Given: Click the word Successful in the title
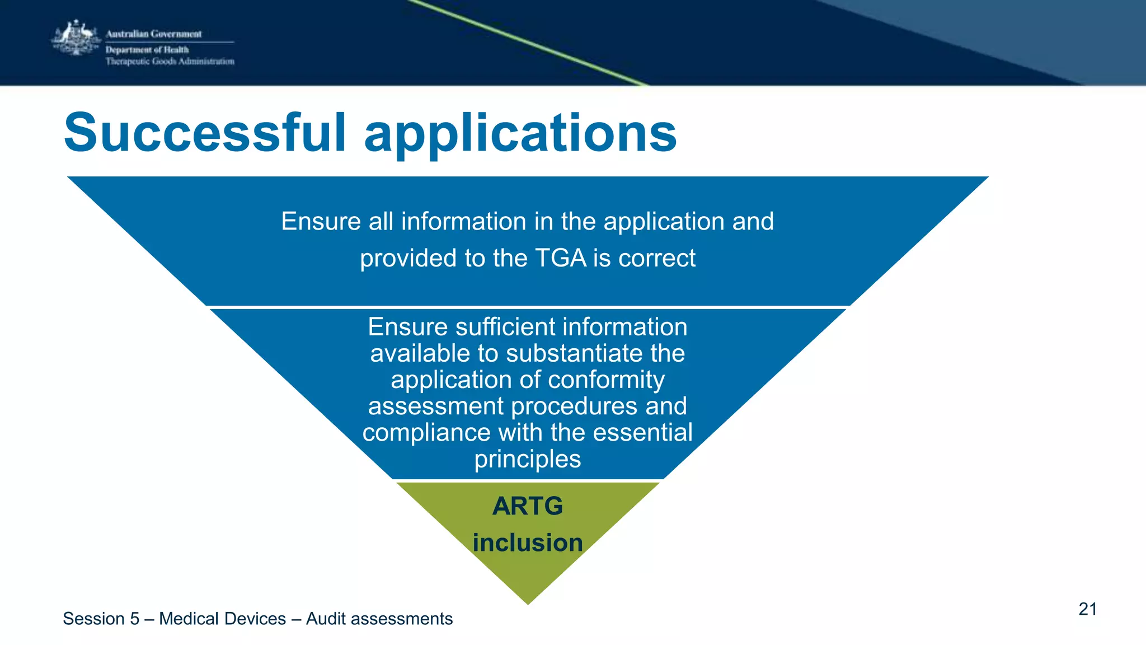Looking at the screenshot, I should click(205, 133).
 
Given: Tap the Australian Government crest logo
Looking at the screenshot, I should click(76, 38).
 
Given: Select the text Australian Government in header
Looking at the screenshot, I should click(154, 34).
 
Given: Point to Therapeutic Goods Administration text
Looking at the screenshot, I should click(170, 62).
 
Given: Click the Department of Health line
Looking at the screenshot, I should click(147, 49).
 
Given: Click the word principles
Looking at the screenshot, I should click(528, 459).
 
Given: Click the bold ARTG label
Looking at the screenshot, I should click(528, 506).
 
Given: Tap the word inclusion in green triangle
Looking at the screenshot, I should click(528, 543).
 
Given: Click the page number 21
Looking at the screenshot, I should click(1087, 609).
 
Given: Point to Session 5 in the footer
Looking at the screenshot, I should click(101, 619).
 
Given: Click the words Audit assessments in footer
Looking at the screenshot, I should click(379, 619).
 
